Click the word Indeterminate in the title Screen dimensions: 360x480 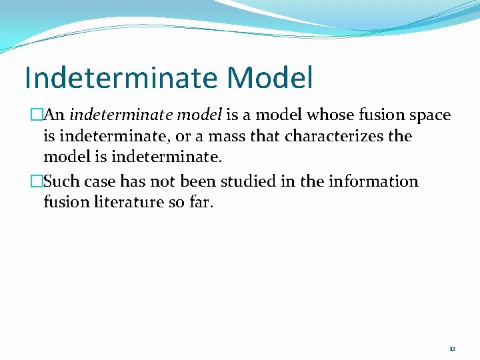click(x=121, y=78)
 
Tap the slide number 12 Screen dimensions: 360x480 click(x=452, y=349)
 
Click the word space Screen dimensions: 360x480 click(x=429, y=115)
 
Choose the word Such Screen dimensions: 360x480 click(x=61, y=182)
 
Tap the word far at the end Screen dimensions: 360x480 click(x=202, y=202)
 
